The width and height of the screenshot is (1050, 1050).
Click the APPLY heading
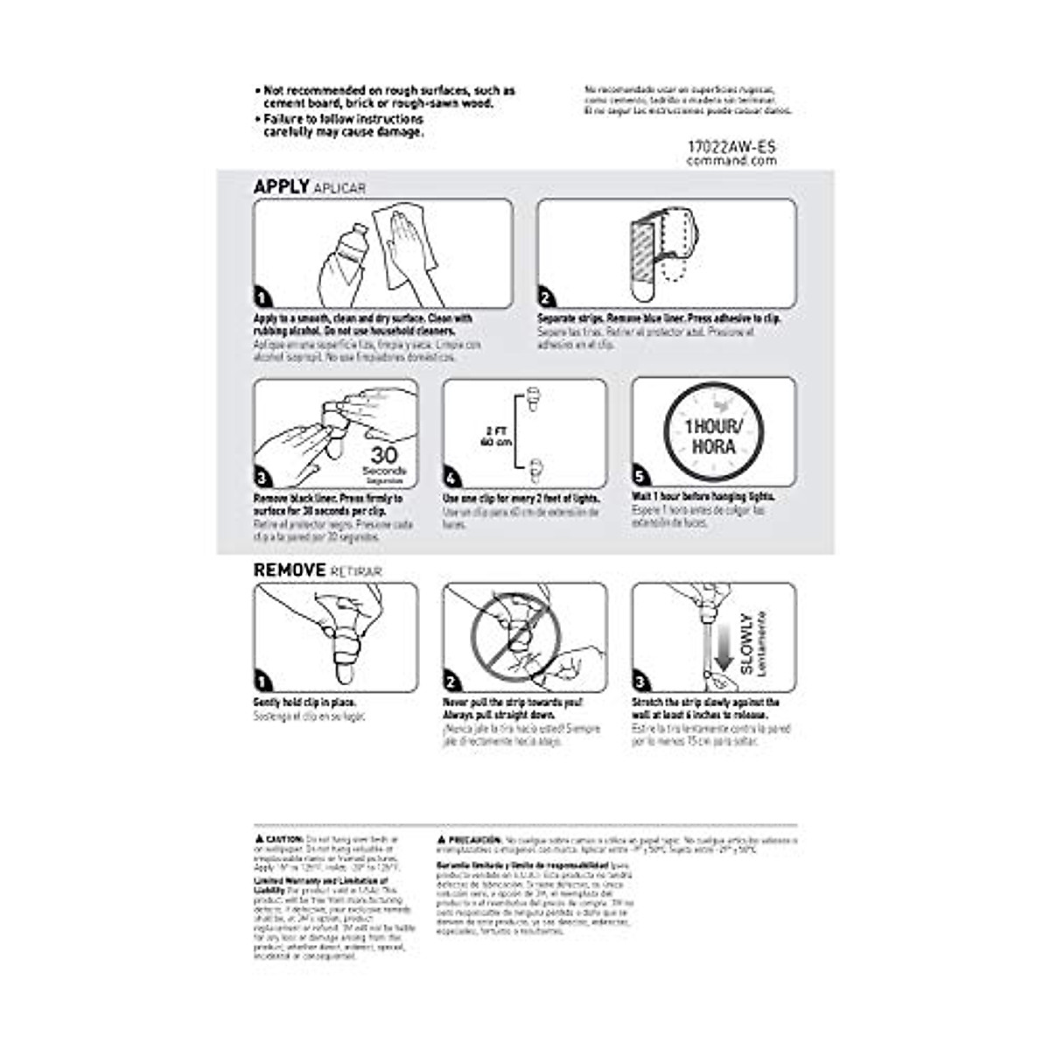pos(281,186)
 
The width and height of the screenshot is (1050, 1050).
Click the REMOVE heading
pos(290,570)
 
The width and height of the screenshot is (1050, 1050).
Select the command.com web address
pos(731,161)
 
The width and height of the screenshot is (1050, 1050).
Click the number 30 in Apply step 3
pos(385,454)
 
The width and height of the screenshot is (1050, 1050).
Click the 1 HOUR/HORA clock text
pos(713,436)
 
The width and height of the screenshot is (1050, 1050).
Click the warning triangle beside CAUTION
pos(259,838)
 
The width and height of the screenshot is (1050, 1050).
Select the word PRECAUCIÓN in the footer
pos(474,838)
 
